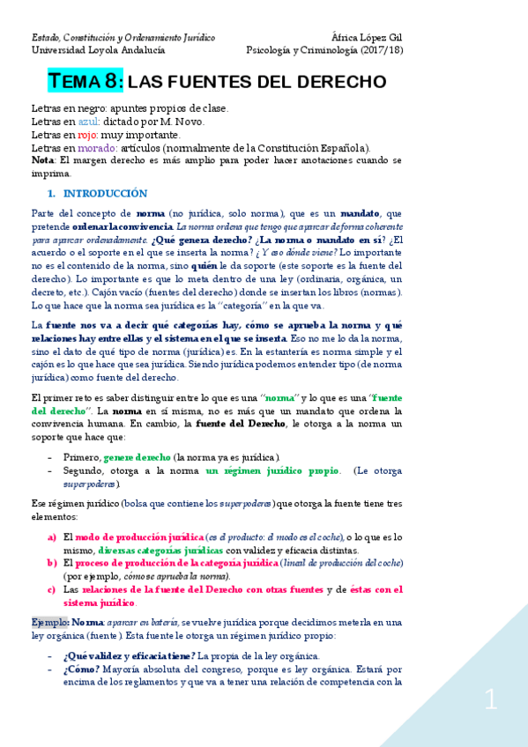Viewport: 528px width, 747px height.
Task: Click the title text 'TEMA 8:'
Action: pyautogui.click(x=86, y=82)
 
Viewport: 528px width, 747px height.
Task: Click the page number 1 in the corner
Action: pyautogui.click(x=491, y=701)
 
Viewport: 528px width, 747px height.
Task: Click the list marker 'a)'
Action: pyautogui.click(x=52, y=536)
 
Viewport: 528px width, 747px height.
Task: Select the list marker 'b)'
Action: pyautogui.click(x=52, y=562)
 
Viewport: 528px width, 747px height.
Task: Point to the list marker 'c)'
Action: pyautogui.click(x=52, y=589)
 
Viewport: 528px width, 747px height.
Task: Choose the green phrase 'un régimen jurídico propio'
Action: pyautogui.click(x=271, y=470)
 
